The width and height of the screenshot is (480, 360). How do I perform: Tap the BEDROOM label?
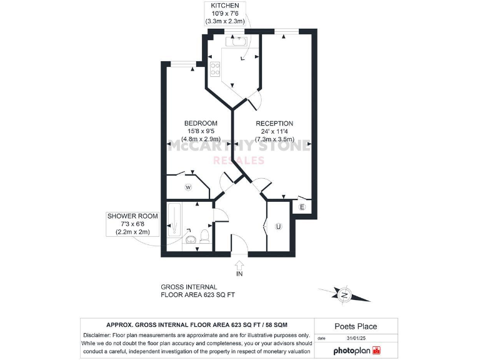tap(201, 123)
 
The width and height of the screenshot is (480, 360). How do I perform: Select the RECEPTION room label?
tap(274, 124)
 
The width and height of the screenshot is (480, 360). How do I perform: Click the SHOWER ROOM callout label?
tap(132, 216)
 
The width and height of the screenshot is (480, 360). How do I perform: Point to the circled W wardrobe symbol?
tap(187, 187)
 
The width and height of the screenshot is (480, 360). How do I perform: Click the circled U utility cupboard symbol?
tap(278, 227)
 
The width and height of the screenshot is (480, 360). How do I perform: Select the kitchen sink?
tap(239, 42)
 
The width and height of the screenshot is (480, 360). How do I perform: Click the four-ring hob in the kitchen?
tap(216, 69)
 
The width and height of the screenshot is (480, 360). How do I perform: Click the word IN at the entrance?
tap(239, 274)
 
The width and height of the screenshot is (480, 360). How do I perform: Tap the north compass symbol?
tap(342, 294)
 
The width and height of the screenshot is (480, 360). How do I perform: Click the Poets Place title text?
tap(356, 326)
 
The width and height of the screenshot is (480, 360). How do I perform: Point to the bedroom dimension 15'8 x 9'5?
tap(201, 131)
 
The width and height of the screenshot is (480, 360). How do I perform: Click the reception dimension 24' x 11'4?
tap(274, 132)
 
